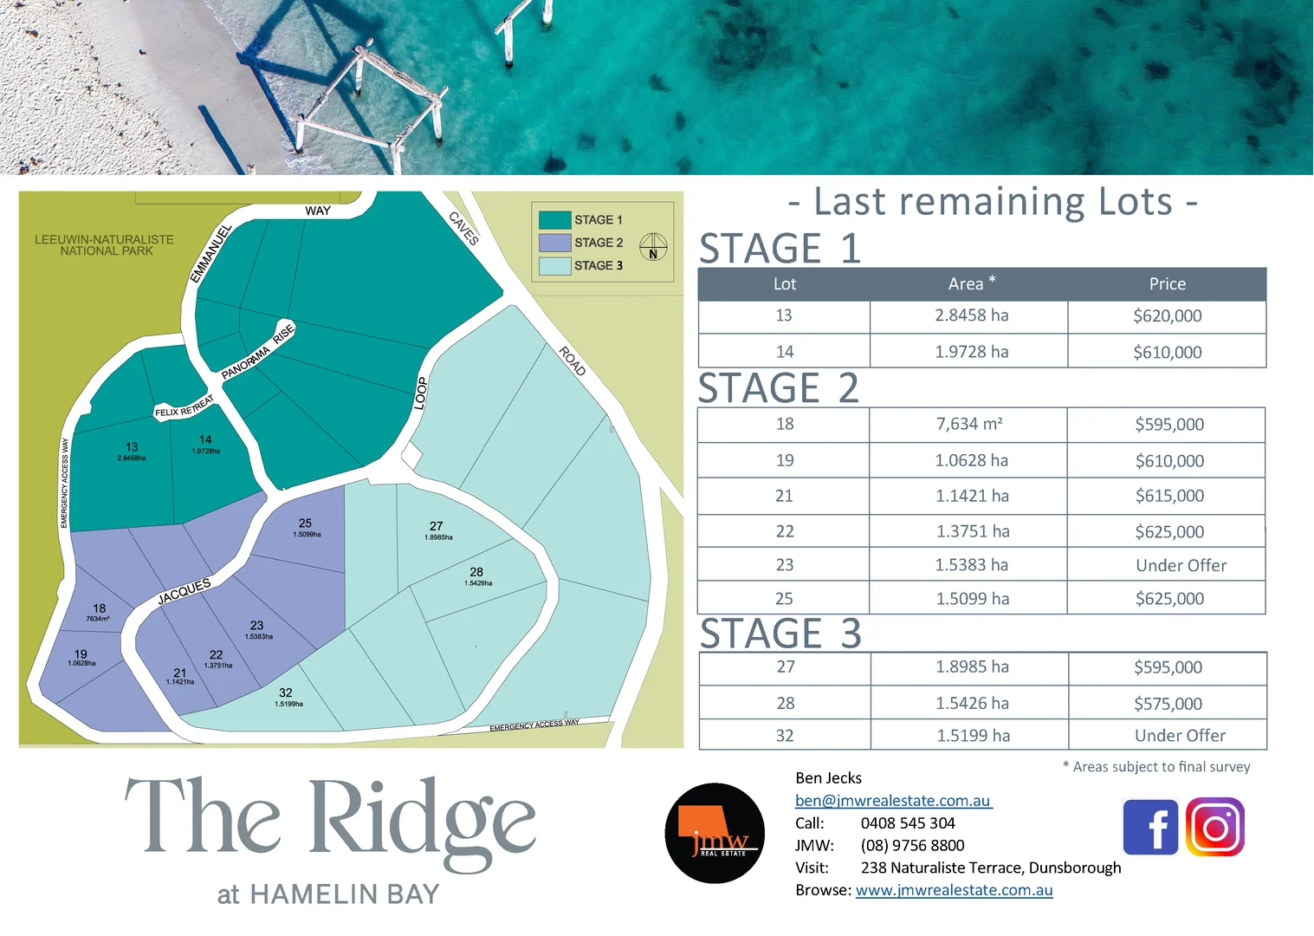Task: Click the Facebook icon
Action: coord(1150,827)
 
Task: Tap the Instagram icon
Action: coord(1214,827)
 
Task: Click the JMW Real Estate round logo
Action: coord(715,833)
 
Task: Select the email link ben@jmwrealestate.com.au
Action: coord(893,801)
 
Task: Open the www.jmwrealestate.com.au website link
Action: coord(954,890)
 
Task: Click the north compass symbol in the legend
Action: coord(653,247)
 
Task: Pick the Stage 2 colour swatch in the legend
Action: coord(554,243)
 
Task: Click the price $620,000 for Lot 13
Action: coord(1167,316)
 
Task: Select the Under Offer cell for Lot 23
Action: coord(1181,565)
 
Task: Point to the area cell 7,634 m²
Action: coord(968,424)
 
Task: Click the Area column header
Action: coord(970,283)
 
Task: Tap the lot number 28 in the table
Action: coord(785,703)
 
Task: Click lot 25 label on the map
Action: coord(305,523)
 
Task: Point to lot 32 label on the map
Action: coord(286,693)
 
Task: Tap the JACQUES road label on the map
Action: coord(184,592)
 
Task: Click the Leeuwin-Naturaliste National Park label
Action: coord(105,245)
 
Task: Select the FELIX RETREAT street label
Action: coord(184,407)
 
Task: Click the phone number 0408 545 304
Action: coord(907,823)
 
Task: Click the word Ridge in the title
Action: coord(423,820)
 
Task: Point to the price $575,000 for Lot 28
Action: coord(1168,704)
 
